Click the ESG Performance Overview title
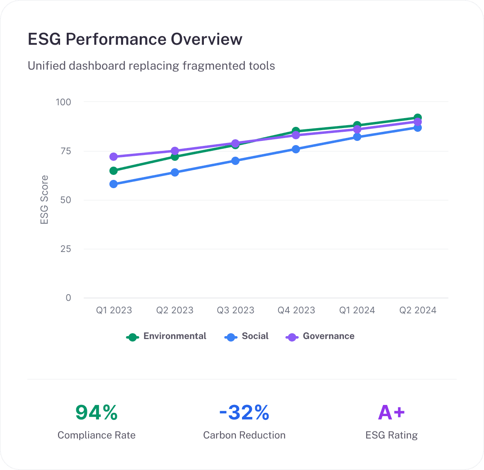(x=135, y=39)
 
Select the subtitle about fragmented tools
(x=151, y=66)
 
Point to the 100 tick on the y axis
(x=63, y=102)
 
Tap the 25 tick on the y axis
(x=66, y=249)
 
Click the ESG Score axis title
(x=44, y=200)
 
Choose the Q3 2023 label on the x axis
(x=235, y=310)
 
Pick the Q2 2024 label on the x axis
(x=418, y=310)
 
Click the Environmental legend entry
(x=167, y=337)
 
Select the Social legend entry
(x=247, y=337)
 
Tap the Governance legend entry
(x=320, y=337)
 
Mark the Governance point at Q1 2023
(x=114, y=157)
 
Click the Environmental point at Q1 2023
(x=114, y=170)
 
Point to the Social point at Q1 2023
(x=114, y=184)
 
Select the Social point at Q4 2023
(x=296, y=149)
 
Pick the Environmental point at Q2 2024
(x=418, y=118)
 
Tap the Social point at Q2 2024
(x=418, y=128)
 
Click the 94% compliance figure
(x=97, y=412)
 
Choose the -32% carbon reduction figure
(x=244, y=412)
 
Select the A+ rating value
(x=392, y=412)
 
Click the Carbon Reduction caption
(x=244, y=435)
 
